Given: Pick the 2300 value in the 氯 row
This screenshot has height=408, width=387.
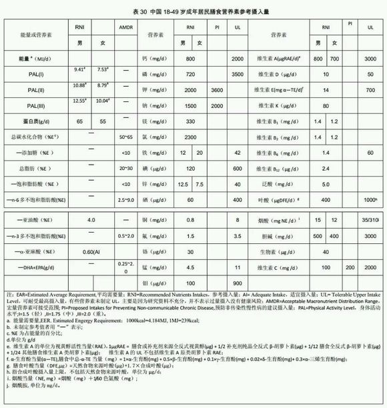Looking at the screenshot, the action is click(x=190, y=136).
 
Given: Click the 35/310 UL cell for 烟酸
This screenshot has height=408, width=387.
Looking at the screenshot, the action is click(x=370, y=218).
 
